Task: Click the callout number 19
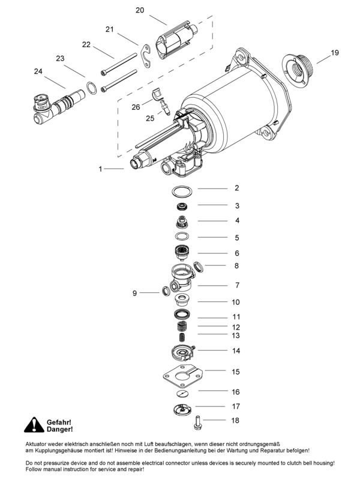click(x=335, y=53)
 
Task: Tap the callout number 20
click(x=140, y=10)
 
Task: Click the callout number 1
click(x=100, y=169)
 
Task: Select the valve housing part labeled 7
click(x=184, y=279)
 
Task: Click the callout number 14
click(x=236, y=351)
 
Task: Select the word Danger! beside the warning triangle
click(x=59, y=430)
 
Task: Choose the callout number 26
click(x=136, y=107)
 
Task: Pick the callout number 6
click(x=236, y=253)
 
